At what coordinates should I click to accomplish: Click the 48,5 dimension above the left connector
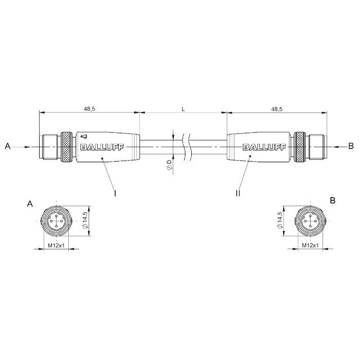(89, 109)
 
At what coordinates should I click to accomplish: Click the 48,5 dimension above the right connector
(277, 109)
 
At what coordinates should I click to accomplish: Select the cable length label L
(183, 109)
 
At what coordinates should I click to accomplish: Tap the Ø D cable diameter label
(169, 165)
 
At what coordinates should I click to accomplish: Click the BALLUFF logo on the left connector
(102, 147)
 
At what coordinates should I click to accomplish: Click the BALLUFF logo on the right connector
(264, 147)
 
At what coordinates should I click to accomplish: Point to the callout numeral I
(115, 193)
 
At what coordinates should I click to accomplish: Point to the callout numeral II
(238, 193)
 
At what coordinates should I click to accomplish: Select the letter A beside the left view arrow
(8, 146)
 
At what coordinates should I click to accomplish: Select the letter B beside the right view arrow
(351, 146)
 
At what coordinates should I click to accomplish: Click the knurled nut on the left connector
(66, 147)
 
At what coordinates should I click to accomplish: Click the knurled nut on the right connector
(300, 147)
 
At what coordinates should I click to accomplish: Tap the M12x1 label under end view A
(56, 245)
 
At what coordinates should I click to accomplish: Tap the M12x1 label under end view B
(310, 245)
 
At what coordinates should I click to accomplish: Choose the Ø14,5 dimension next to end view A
(85, 220)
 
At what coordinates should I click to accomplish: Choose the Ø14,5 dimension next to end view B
(279, 220)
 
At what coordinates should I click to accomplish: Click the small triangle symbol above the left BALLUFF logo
(84, 137)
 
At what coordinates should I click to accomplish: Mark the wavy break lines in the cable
(186, 147)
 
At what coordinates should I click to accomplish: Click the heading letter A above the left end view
(30, 204)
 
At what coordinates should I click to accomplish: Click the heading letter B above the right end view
(333, 200)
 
